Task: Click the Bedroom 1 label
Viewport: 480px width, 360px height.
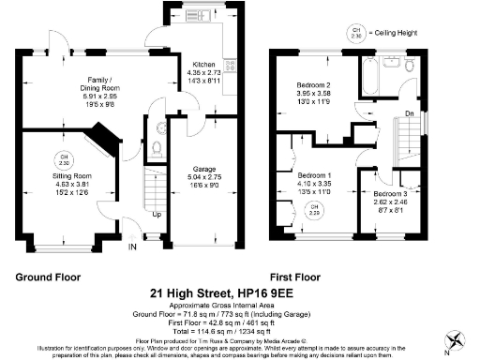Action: [314, 175]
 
